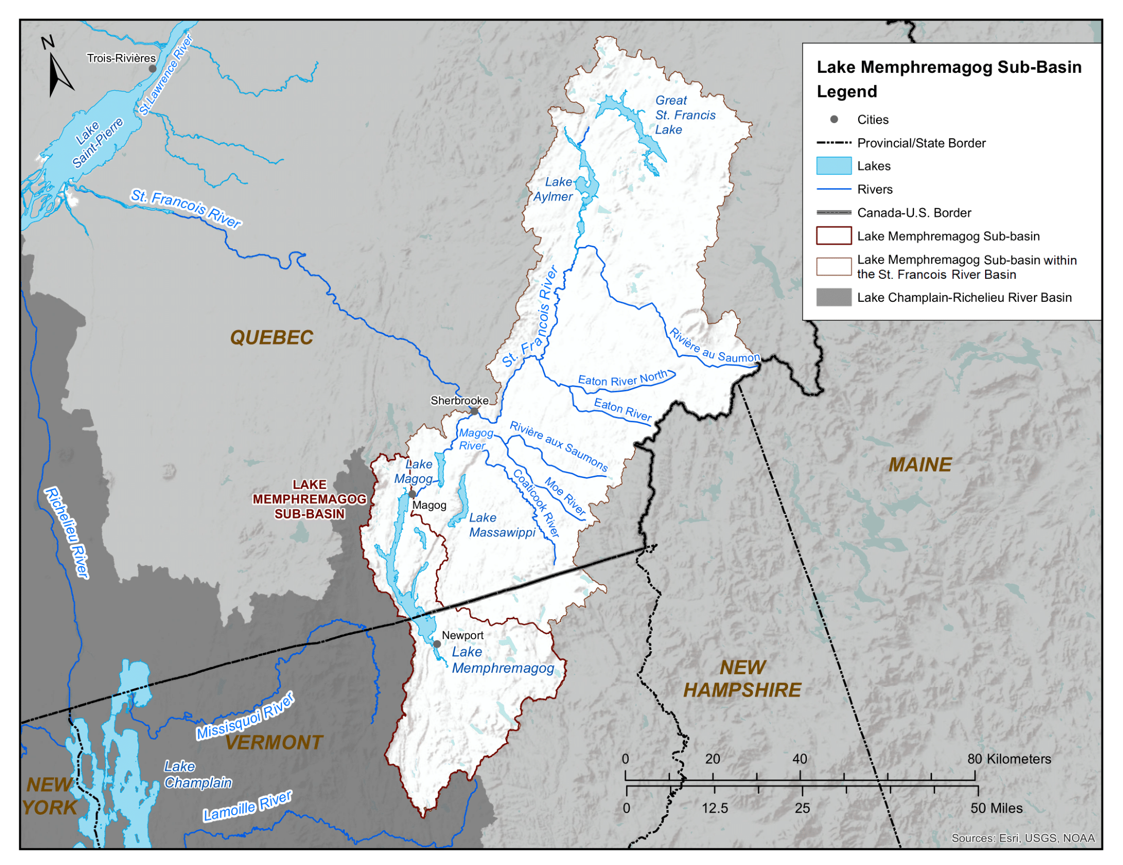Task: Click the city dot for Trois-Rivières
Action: pos(153,69)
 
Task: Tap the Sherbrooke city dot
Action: pos(474,412)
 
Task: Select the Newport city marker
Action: pos(437,644)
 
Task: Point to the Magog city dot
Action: pos(412,494)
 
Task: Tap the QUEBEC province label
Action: pos(272,338)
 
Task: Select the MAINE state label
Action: pos(920,465)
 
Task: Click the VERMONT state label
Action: pos(274,743)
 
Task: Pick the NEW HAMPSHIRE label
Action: pos(742,679)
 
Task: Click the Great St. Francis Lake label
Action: pos(685,115)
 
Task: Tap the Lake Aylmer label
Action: pos(554,189)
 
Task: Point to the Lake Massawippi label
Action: pos(502,525)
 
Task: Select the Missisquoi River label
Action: pos(245,717)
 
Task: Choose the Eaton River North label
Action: pos(623,379)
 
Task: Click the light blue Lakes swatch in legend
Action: pos(834,166)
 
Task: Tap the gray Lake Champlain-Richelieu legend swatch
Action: pos(834,298)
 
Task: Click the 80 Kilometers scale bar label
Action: pos(1009,759)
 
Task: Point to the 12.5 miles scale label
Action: pos(715,808)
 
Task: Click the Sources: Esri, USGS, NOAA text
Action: pos(1023,838)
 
